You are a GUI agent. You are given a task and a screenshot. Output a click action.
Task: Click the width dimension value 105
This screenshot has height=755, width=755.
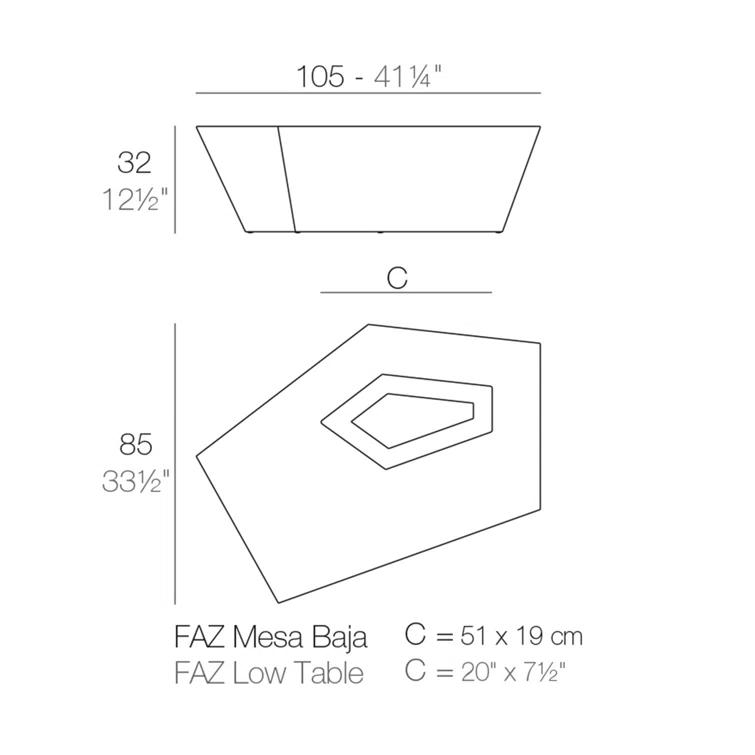point(321,76)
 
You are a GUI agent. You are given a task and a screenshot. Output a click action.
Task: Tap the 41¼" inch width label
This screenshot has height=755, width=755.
point(408,76)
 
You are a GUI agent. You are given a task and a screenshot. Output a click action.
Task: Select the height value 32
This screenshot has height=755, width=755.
point(134,163)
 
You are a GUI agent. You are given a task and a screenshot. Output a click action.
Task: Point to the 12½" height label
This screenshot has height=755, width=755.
point(134,199)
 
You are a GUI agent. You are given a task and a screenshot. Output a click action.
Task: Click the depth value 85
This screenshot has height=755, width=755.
point(135,443)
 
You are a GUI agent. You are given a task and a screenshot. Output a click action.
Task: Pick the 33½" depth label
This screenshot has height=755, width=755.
point(135,481)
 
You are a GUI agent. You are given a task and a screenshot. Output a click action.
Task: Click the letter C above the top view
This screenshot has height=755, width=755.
point(397,278)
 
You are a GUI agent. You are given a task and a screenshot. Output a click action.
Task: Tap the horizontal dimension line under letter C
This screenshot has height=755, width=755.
point(405,293)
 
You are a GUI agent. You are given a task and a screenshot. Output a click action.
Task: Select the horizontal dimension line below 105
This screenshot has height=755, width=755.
point(367,93)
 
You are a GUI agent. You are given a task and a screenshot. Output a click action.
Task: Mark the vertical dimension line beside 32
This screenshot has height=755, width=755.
point(175,180)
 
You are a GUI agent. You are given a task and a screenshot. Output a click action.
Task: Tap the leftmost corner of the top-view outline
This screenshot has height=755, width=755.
point(198,457)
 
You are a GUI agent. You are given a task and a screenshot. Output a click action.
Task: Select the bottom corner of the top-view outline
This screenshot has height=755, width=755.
point(278,601)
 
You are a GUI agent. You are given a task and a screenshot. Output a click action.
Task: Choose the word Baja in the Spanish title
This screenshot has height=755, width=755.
point(342,637)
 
